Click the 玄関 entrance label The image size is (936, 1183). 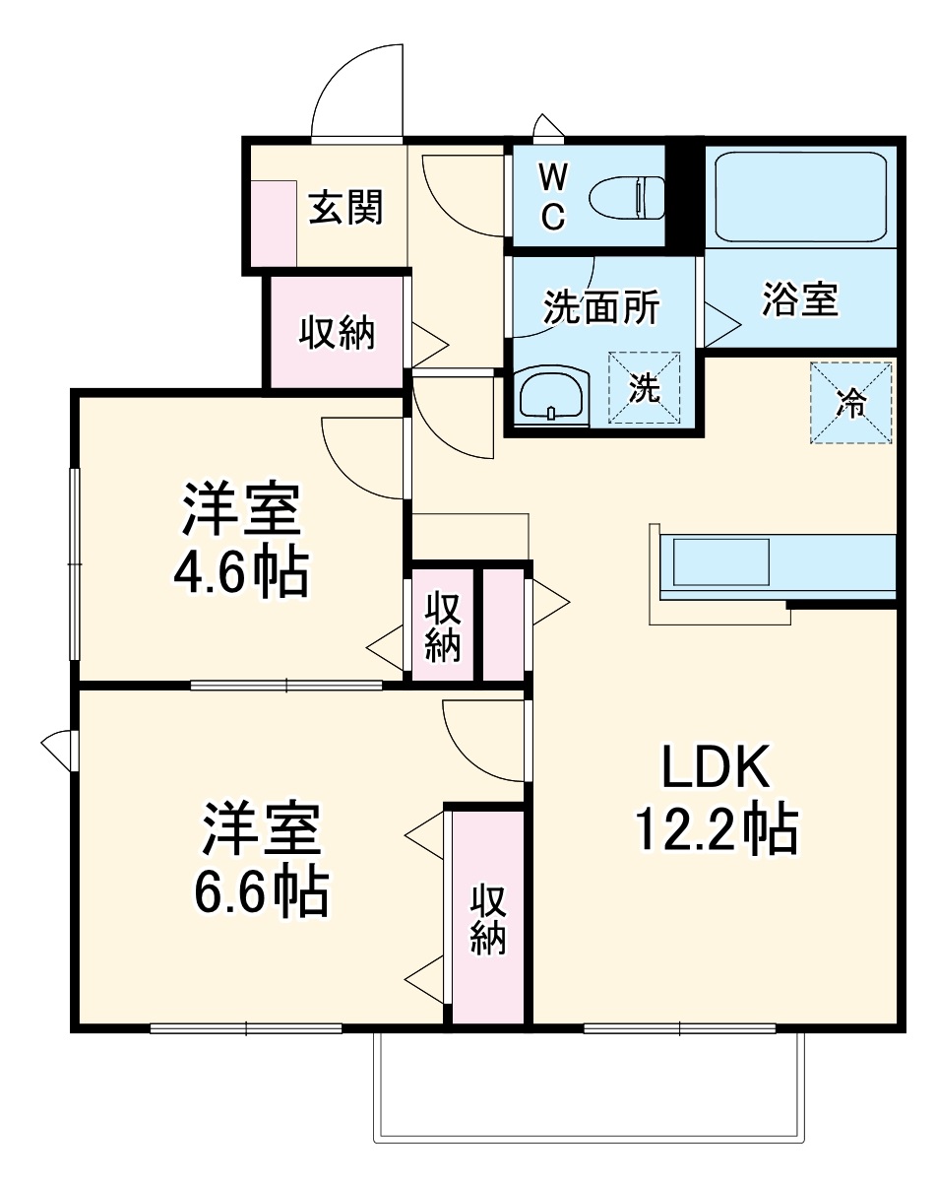point(345,208)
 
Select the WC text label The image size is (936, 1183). point(553,197)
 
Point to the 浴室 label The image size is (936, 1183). point(799,299)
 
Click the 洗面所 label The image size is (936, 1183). point(601,308)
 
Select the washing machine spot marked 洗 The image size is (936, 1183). point(645,388)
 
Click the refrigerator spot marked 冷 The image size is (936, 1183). point(851,403)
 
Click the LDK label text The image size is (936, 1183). point(715,769)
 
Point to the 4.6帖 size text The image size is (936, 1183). point(241,571)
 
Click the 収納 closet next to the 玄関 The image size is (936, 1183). point(337,334)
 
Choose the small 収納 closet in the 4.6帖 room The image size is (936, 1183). point(442,626)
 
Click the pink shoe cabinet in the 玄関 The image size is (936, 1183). point(274,223)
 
